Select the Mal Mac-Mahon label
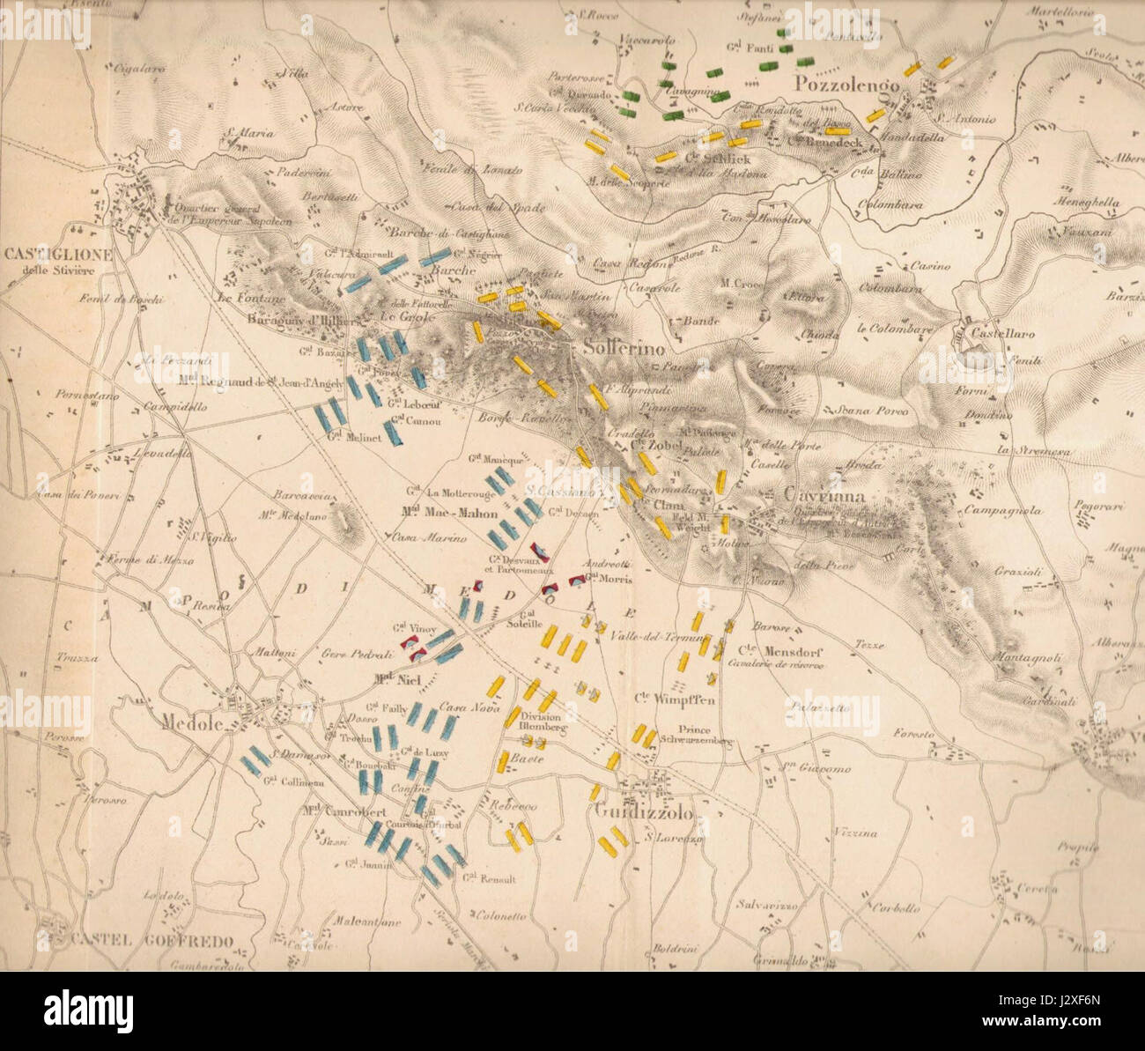pyautogui.click(x=449, y=514)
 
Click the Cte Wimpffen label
pyautogui.click(x=674, y=700)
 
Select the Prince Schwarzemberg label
pyautogui.click(x=695, y=735)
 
